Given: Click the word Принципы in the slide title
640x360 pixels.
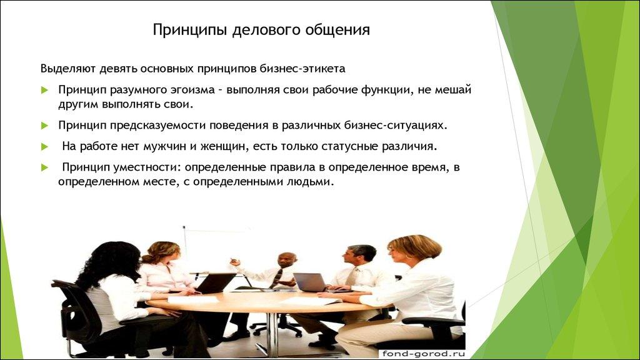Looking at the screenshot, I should pos(182,30).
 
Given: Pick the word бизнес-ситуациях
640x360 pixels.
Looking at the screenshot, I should pos(396,125).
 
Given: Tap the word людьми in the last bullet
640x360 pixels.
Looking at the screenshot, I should pos(312,182).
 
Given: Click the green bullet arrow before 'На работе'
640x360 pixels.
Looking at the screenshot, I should pos(44,147).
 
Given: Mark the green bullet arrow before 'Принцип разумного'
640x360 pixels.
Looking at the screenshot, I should pos(44,90).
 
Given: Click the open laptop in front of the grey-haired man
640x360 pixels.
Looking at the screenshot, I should pos(311,282).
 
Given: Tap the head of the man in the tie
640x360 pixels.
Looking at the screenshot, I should pos(286,261).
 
